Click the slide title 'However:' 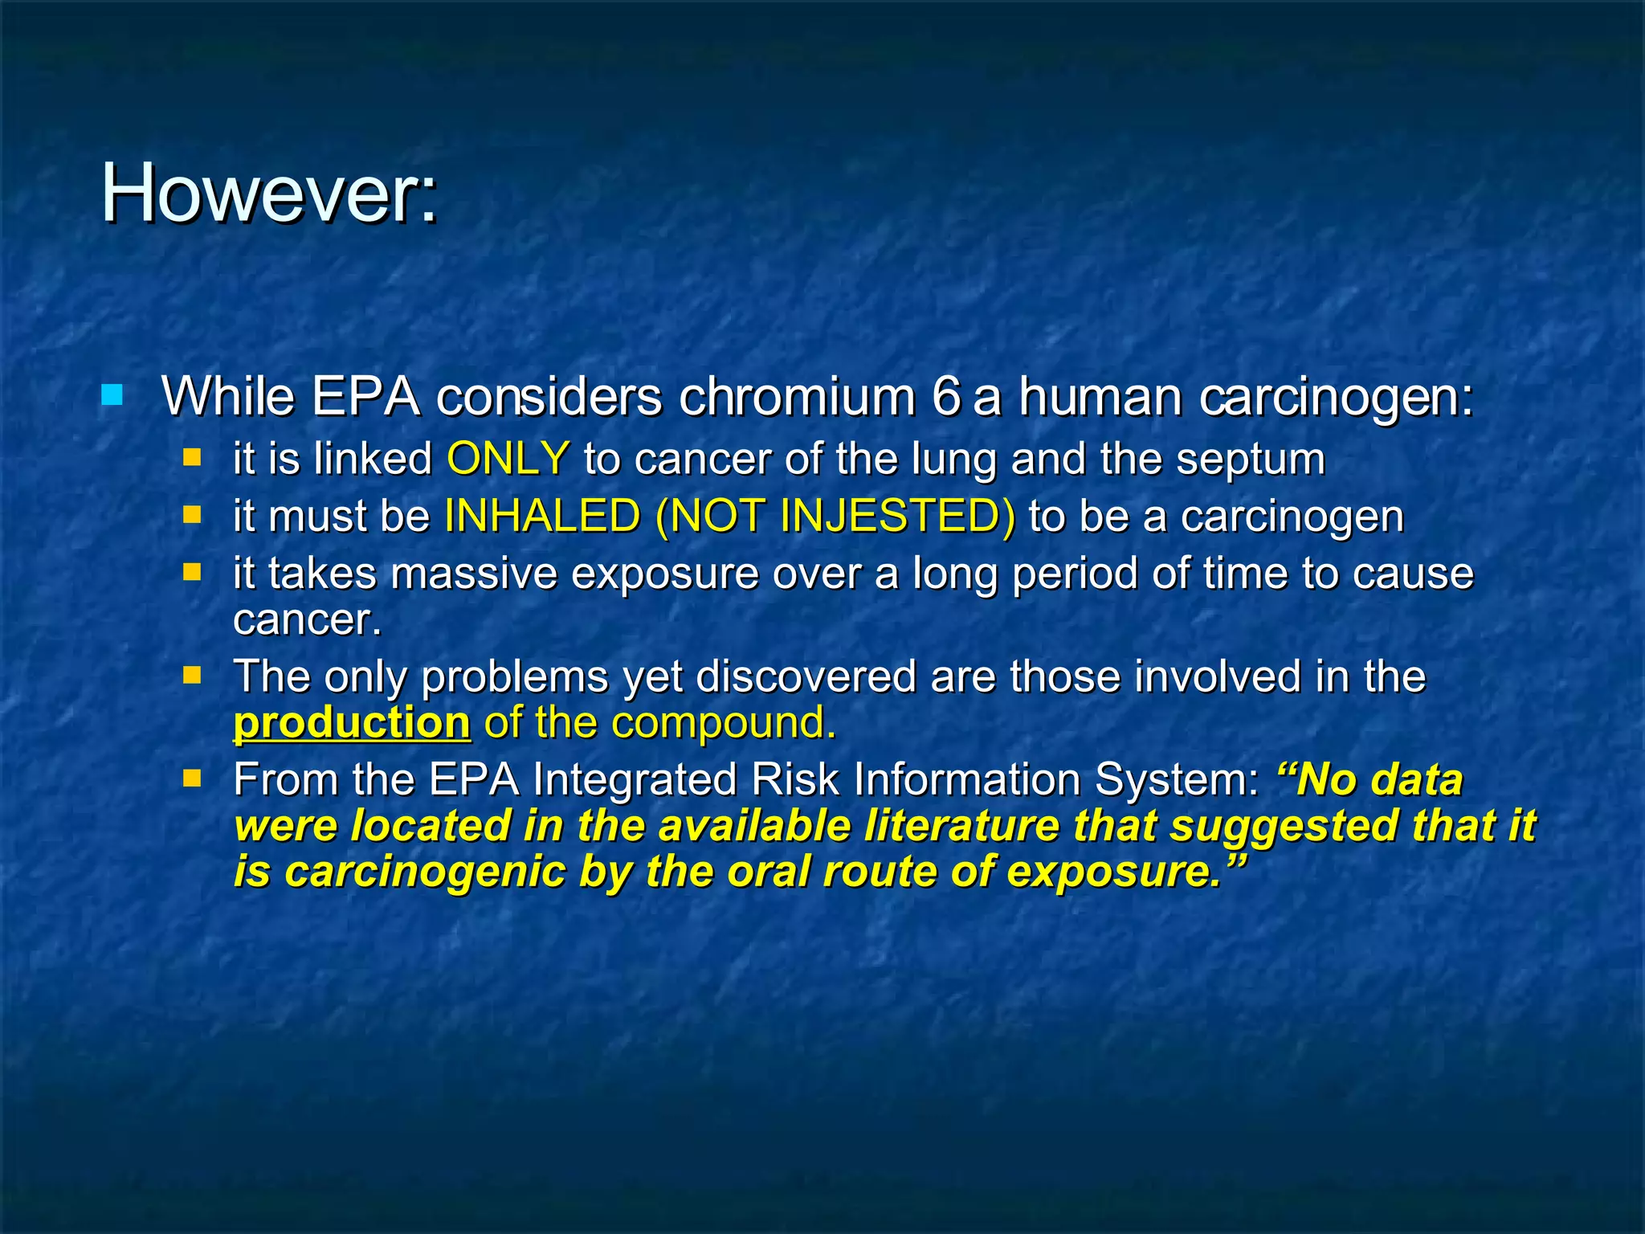[x=269, y=194]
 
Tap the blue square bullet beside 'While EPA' [x=112, y=394]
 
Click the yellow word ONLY [x=508, y=459]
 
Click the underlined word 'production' [x=351, y=722]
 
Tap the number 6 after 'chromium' [x=946, y=396]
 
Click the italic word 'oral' [x=767, y=872]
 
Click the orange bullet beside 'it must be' [x=192, y=514]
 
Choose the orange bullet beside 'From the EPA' [x=192, y=778]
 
